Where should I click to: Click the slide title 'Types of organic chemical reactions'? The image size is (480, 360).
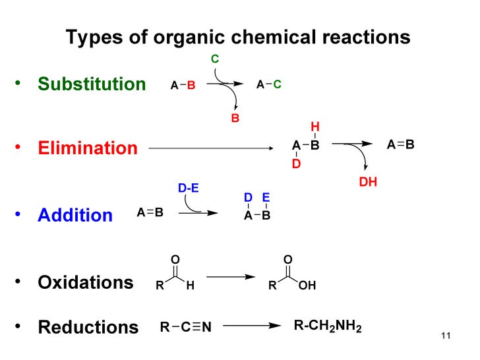tap(238, 37)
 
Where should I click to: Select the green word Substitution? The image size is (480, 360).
tap(92, 84)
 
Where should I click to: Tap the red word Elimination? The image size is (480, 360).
tap(88, 148)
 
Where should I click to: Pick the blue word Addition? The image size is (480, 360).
tap(75, 216)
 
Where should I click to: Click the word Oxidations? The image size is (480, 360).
tap(86, 283)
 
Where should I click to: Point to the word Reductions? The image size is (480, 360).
tap(88, 327)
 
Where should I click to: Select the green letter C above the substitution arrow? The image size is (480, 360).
tap(215, 60)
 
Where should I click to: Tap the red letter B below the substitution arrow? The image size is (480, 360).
tap(235, 119)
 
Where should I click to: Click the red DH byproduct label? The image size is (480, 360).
tap(368, 182)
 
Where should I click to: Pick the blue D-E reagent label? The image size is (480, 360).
tap(189, 189)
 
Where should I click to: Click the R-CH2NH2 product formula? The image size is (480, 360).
tap(327, 326)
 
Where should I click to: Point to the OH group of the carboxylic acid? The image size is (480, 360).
tap(307, 287)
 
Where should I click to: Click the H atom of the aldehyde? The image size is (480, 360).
tap(191, 287)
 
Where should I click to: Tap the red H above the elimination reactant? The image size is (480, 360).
tap(315, 127)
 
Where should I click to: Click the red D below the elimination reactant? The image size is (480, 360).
tap(296, 164)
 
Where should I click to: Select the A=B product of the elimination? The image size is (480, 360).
tap(400, 145)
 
